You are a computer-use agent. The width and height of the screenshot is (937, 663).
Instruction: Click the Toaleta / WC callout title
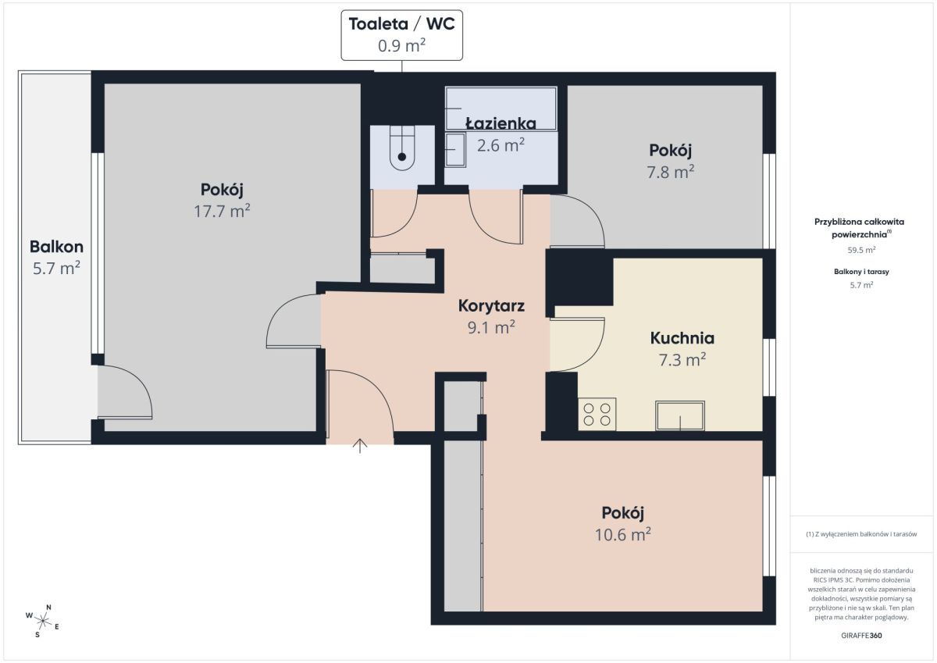401,24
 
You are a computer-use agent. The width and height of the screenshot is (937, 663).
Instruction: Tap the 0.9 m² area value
401,45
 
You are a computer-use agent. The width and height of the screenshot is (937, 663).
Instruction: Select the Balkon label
56,247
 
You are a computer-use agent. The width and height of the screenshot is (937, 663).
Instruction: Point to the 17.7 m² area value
222,211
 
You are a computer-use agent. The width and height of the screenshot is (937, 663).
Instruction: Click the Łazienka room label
501,123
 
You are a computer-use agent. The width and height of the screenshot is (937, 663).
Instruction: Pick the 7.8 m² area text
671,172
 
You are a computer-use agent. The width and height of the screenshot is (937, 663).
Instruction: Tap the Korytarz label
491,306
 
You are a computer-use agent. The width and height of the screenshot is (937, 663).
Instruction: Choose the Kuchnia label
682,338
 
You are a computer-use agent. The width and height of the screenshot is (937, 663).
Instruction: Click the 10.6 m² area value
623,534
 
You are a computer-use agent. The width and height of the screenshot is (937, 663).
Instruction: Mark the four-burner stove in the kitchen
597,414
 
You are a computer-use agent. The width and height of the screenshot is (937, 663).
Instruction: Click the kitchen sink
680,415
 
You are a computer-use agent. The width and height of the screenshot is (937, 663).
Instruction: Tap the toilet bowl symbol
402,148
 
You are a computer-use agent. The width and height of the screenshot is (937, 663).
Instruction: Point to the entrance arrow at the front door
360,446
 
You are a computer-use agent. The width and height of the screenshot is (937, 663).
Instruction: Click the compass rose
43,621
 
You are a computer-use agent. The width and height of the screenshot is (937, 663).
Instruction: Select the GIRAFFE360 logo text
861,636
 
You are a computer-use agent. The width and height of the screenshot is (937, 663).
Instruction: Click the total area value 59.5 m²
861,250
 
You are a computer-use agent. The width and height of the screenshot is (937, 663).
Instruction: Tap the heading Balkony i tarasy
861,272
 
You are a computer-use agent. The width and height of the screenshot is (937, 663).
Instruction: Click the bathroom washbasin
455,149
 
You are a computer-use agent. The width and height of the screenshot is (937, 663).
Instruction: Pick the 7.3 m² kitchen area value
682,360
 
